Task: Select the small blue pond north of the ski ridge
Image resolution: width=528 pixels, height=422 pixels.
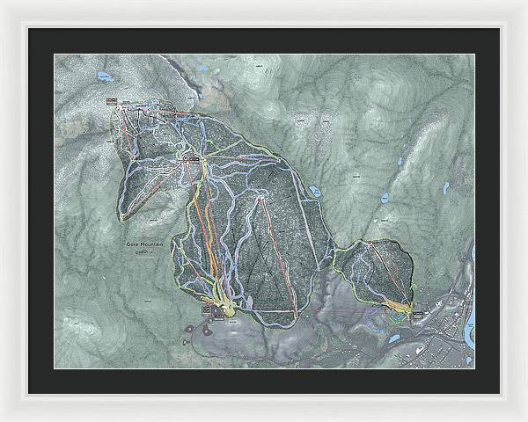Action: tap(203, 68)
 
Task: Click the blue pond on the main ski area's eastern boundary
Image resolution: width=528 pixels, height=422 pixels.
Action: tap(314, 190)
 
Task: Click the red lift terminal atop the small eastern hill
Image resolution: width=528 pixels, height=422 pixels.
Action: tap(370, 242)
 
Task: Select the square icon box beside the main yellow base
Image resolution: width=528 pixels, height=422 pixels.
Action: tap(209, 309)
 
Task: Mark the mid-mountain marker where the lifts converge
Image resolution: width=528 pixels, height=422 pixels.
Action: tap(189, 158)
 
